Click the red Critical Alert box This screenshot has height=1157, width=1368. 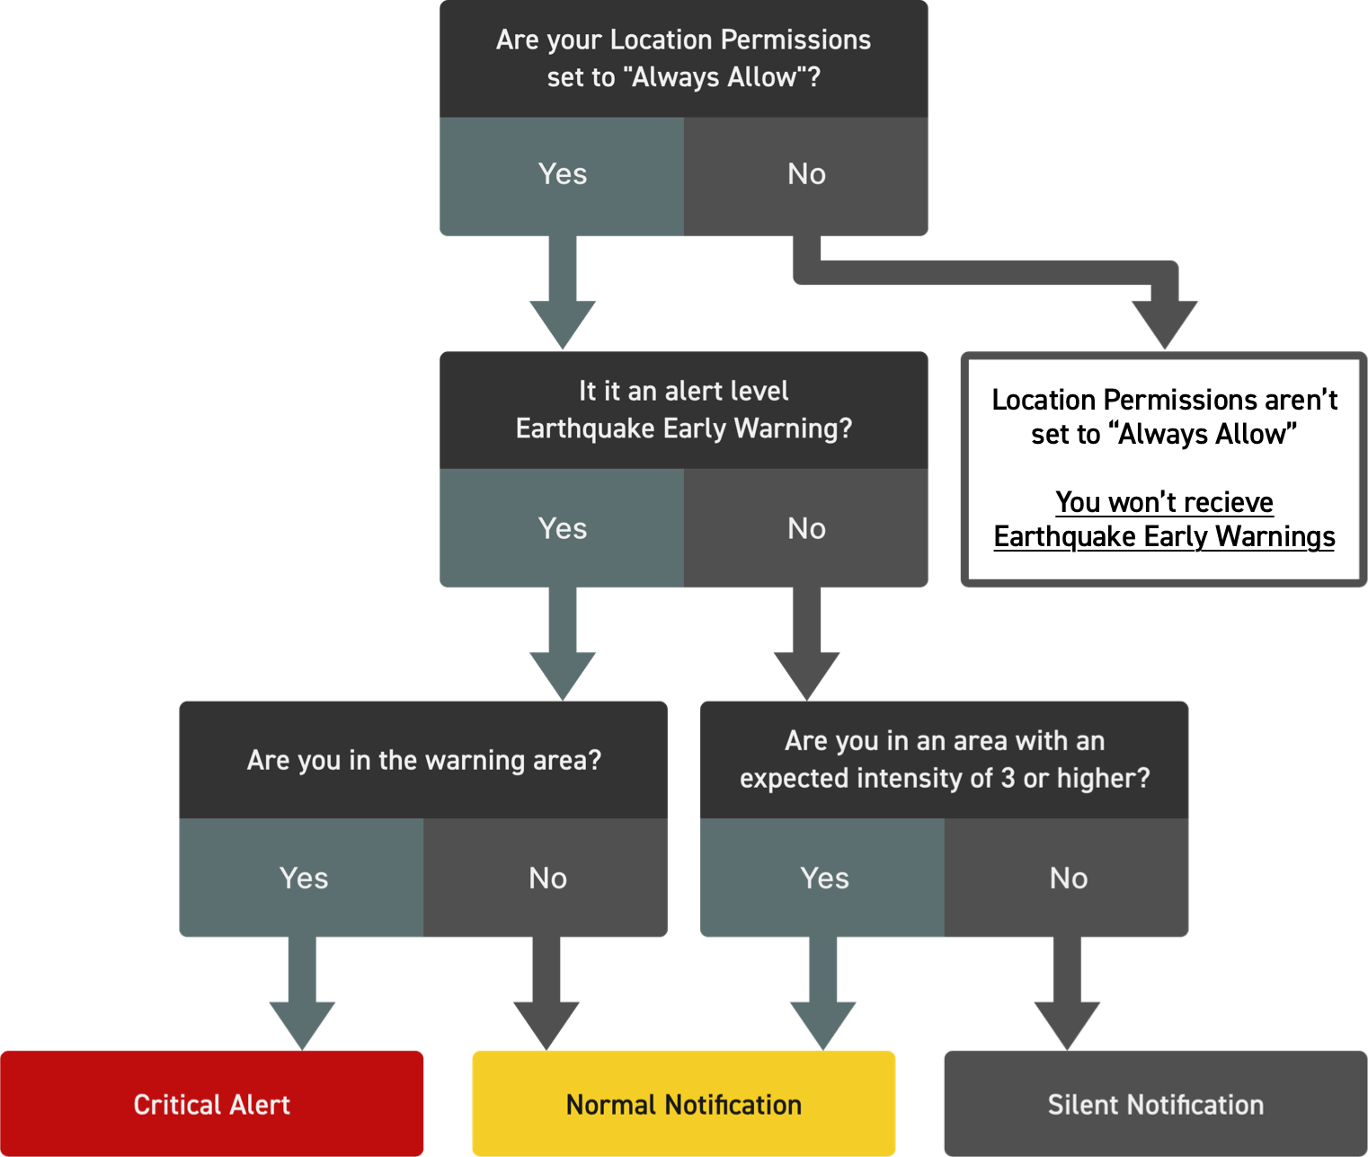coord(212,1103)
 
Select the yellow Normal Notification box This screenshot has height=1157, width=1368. coord(683,1103)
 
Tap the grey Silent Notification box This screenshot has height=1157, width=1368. coord(1155,1103)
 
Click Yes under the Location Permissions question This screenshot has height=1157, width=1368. coord(562,175)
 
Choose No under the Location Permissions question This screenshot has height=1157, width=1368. coord(806,175)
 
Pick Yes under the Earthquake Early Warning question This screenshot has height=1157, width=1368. coord(562,528)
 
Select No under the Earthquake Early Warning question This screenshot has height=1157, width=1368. coord(806,528)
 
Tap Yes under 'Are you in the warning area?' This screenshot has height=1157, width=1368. coord(303,878)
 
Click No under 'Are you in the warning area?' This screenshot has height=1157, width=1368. coord(547,878)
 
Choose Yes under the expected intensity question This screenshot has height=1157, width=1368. coord(823,878)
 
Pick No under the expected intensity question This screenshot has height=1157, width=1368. coord(1068,878)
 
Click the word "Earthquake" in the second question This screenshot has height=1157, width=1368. coord(585,429)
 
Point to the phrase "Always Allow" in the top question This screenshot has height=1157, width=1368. coord(714,78)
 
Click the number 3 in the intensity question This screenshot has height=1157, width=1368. coord(1008,778)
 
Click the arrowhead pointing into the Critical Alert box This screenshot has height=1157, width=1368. coord(302,1024)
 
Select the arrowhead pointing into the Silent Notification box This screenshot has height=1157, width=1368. coord(1067,1024)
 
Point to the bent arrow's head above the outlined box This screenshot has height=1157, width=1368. coord(1164,323)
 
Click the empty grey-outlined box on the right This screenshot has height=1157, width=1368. coord(1163,469)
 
